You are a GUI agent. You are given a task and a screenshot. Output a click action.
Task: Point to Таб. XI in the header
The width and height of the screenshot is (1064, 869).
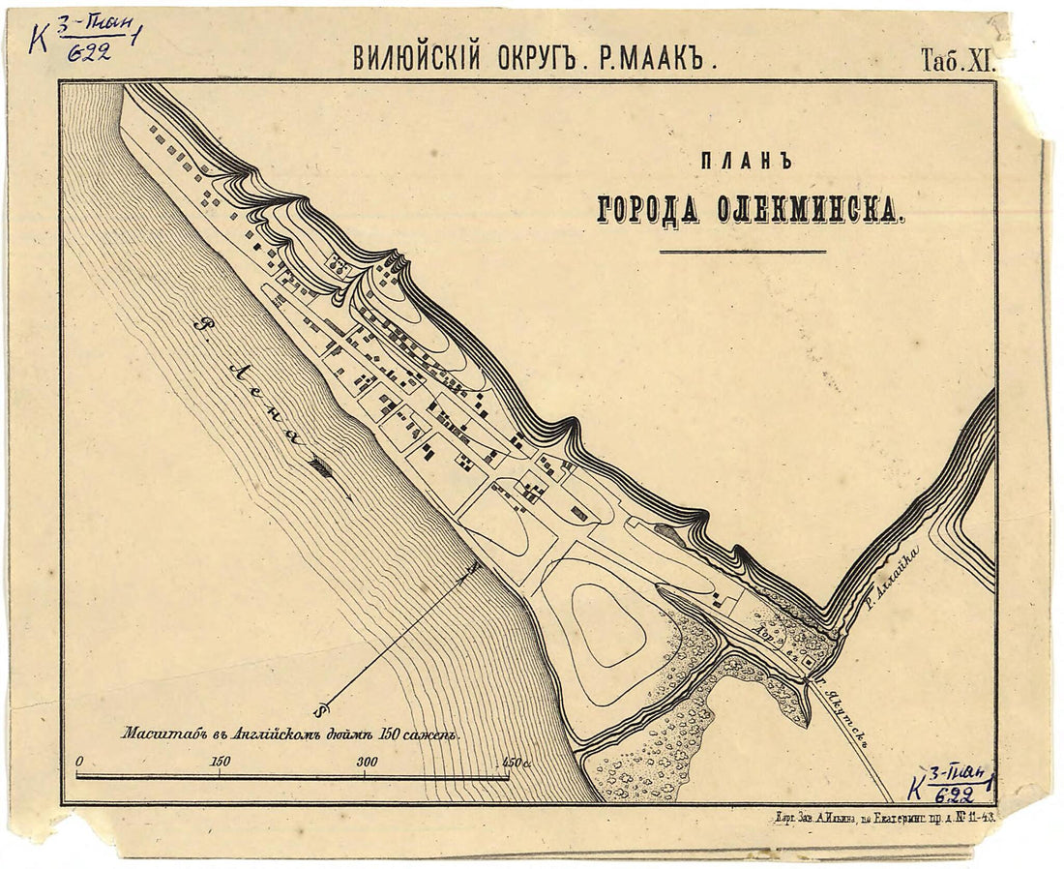[956, 60]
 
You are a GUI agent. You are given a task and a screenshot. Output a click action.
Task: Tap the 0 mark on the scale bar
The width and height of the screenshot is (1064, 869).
[78, 763]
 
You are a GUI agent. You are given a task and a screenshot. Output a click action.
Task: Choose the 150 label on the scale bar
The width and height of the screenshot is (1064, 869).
[220, 763]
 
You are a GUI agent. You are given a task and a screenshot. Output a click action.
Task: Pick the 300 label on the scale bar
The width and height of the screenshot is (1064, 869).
[368, 763]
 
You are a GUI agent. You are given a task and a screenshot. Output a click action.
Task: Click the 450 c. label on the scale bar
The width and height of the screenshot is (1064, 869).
[516, 763]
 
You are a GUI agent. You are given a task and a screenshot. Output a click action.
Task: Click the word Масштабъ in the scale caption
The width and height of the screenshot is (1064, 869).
[158, 734]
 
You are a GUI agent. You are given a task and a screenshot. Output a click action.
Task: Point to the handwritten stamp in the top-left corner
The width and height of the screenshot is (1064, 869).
[82, 36]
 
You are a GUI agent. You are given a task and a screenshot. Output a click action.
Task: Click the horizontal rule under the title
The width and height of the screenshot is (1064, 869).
[743, 252]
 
